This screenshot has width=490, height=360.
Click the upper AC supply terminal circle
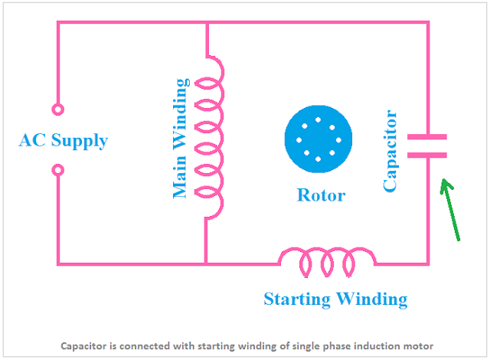click(x=58, y=110)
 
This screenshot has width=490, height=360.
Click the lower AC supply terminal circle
click(x=58, y=170)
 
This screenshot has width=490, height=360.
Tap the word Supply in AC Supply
click(x=80, y=141)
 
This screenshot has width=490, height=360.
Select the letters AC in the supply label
click(x=32, y=140)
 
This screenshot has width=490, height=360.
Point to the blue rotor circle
click(x=318, y=139)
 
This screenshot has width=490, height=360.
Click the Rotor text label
click(x=321, y=195)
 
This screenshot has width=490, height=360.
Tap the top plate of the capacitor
click(x=427, y=137)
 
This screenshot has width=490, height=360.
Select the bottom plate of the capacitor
click(x=427, y=155)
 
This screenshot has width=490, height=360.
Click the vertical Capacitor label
click(x=390, y=151)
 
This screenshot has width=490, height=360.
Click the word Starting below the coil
click(x=297, y=299)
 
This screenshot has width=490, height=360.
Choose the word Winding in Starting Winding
click(x=372, y=299)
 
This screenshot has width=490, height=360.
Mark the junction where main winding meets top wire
click(x=207, y=22)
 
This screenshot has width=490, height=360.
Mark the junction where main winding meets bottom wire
click(x=206, y=264)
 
